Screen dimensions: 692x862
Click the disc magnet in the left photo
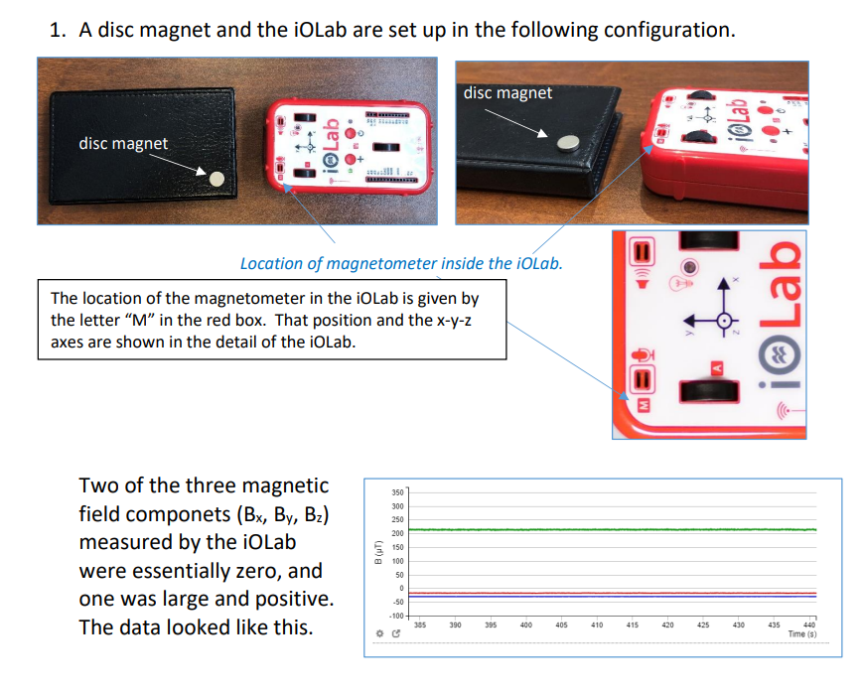[x=218, y=178]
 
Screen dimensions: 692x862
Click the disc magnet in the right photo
[x=567, y=143]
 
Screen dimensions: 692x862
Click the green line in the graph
[x=596, y=530]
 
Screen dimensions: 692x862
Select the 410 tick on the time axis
[x=597, y=624]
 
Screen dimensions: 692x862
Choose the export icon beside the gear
[x=395, y=633]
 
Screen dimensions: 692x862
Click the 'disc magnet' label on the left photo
[x=123, y=143]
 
